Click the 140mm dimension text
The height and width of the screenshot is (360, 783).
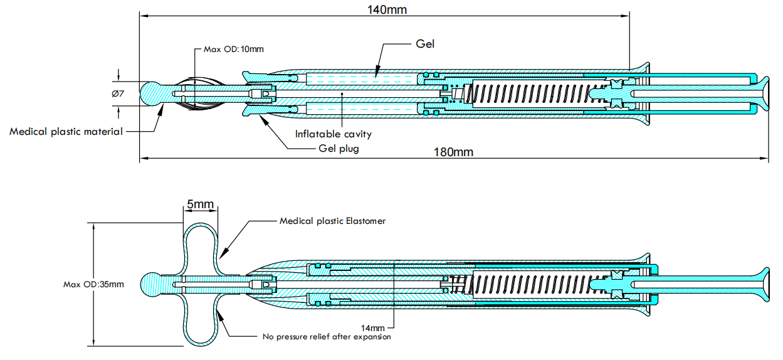click(x=384, y=9)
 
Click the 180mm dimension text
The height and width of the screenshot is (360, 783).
click(x=453, y=152)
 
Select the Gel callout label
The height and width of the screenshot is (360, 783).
click(x=425, y=44)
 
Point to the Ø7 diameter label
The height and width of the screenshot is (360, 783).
click(x=118, y=93)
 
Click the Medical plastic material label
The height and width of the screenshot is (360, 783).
click(x=66, y=132)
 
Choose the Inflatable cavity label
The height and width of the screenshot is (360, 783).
click(x=334, y=134)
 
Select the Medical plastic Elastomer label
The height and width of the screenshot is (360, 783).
click(x=332, y=221)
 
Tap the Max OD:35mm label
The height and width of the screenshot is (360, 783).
click(x=93, y=284)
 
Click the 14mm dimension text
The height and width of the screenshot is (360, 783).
click(x=374, y=327)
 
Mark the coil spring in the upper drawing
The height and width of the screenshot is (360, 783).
click(x=530, y=94)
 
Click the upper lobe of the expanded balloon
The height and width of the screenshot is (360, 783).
click(x=201, y=241)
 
